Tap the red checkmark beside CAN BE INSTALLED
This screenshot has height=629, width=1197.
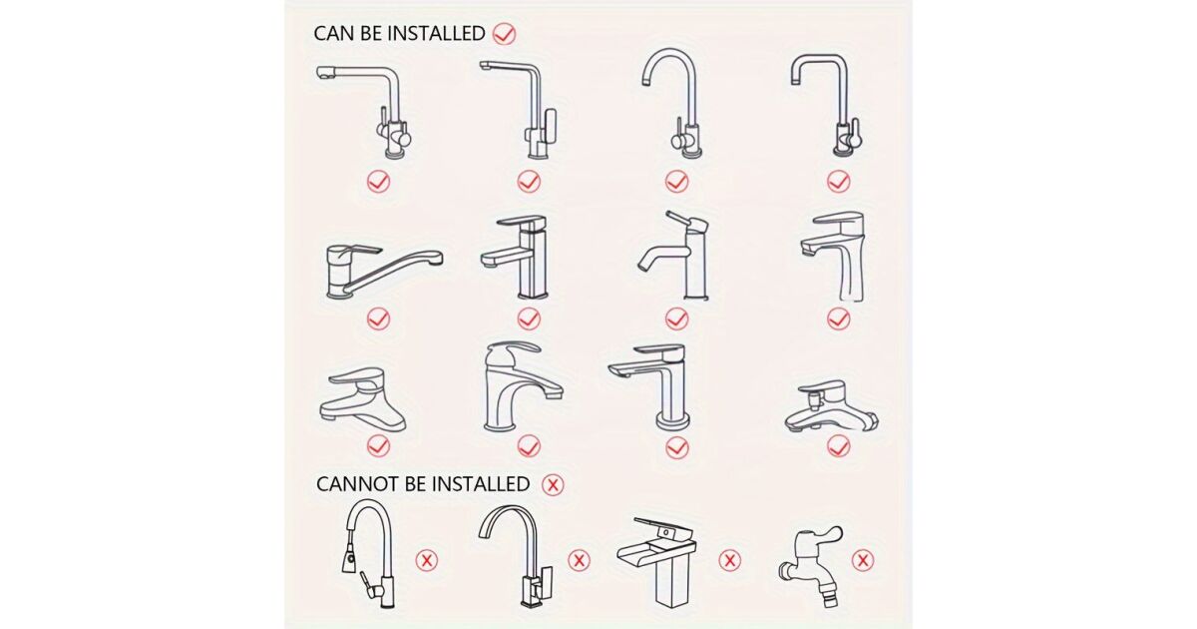click(x=504, y=34)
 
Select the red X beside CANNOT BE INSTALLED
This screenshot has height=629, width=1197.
click(x=553, y=485)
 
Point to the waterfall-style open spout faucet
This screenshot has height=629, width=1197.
click(x=657, y=561)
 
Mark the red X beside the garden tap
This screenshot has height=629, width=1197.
click(x=863, y=560)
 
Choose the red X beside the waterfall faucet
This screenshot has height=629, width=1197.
click(x=730, y=560)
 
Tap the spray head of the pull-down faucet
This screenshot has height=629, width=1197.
click(x=348, y=554)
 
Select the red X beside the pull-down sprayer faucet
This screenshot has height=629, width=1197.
click(x=427, y=560)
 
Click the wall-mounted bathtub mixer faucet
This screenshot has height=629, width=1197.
click(x=832, y=406)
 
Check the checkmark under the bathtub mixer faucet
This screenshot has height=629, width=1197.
click(x=839, y=446)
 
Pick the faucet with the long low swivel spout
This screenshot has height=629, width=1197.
click(x=384, y=272)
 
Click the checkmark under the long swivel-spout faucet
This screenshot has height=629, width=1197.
click(x=378, y=319)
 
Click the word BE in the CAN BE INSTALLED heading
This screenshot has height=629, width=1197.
click(x=370, y=33)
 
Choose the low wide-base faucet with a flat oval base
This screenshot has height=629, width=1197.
click(x=362, y=400)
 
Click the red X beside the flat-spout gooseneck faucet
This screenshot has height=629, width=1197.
click(x=579, y=560)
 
